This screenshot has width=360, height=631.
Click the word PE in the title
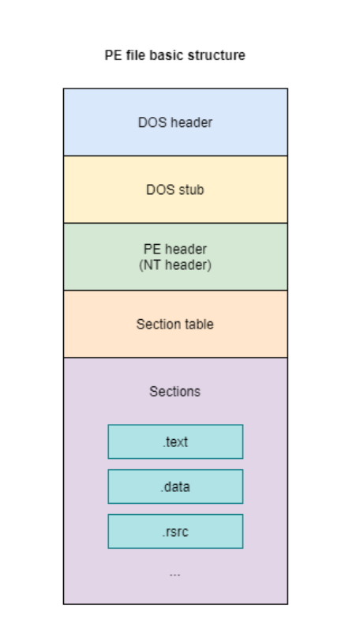click(114, 55)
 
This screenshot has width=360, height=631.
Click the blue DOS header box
click(175, 122)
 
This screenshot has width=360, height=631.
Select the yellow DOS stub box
click(175, 189)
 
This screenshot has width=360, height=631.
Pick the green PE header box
click(175, 257)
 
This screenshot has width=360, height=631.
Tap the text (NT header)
click(175, 265)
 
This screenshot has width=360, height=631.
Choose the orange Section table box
click(175, 324)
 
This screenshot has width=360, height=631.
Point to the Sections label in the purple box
click(175, 391)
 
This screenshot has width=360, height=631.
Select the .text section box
click(175, 441)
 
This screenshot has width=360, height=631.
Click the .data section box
click(175, 486)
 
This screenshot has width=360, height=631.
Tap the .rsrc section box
click(175, 531)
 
